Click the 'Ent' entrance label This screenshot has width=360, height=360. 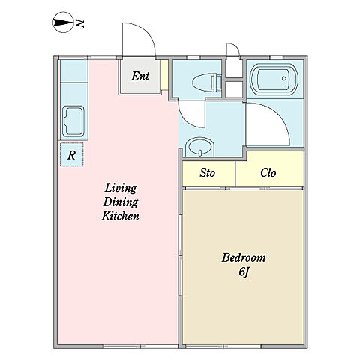140,76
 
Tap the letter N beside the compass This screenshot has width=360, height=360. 80,23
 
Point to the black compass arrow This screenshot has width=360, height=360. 62,22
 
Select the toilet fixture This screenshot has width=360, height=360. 207,82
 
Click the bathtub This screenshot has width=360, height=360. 274,79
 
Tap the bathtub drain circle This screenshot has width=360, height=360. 283,78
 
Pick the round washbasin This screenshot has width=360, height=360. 200,147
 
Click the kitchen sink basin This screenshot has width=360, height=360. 73,121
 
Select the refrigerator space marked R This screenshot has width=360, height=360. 72,154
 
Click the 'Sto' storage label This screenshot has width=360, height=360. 207,172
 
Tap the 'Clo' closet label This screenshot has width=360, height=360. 268,172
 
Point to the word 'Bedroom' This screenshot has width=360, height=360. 244,257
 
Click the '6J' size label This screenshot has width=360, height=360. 244,272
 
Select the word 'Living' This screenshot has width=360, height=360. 121,188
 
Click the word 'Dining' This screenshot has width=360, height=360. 121,202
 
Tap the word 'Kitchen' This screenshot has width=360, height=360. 120,216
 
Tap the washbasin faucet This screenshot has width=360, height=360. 200,153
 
